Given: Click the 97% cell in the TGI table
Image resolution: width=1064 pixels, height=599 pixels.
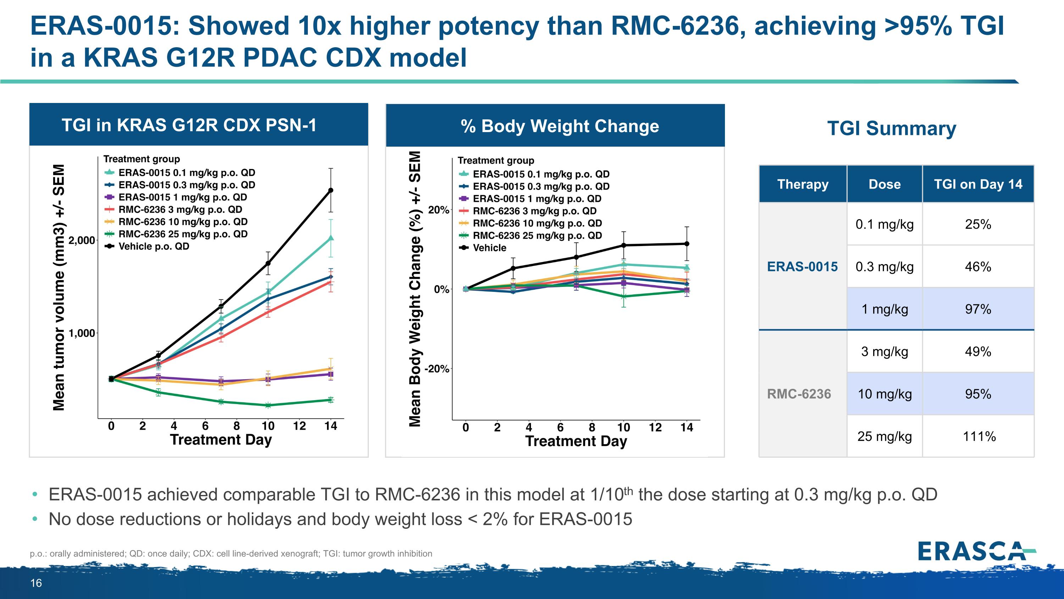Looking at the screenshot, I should click(978, 309).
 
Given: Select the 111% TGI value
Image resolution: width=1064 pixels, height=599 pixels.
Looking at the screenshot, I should click(979, 436).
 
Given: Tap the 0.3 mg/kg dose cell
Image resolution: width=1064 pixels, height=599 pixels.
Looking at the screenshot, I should click(884, 267).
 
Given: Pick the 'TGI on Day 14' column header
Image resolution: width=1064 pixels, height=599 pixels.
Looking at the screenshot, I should click(978, 184).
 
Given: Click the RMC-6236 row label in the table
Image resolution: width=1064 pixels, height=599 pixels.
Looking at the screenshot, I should click(799, 393).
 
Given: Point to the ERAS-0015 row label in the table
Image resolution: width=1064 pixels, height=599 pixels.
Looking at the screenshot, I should click(802, 267).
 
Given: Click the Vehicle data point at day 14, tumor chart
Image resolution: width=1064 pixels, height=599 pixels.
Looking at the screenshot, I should click(331, 190).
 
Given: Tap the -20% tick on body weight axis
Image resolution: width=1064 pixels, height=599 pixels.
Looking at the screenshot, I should click(437, 369).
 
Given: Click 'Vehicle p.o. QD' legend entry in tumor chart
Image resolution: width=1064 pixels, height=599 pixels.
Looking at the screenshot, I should click(154, 246).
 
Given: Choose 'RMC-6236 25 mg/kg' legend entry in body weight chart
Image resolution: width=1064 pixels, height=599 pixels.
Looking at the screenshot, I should click(537, 236).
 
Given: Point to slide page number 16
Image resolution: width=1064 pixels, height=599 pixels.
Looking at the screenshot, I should click(36, 583).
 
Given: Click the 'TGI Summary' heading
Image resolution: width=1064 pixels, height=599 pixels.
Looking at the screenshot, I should click(891, 128).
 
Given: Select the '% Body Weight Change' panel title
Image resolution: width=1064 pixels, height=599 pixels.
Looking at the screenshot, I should click(560, 126).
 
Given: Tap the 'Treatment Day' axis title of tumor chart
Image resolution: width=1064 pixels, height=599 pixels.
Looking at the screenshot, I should click(221, 440).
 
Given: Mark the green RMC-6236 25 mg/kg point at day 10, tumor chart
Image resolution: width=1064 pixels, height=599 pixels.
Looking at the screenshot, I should click(268, 405).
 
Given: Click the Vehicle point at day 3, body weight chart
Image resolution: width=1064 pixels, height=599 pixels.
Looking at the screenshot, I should click(513, 268).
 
